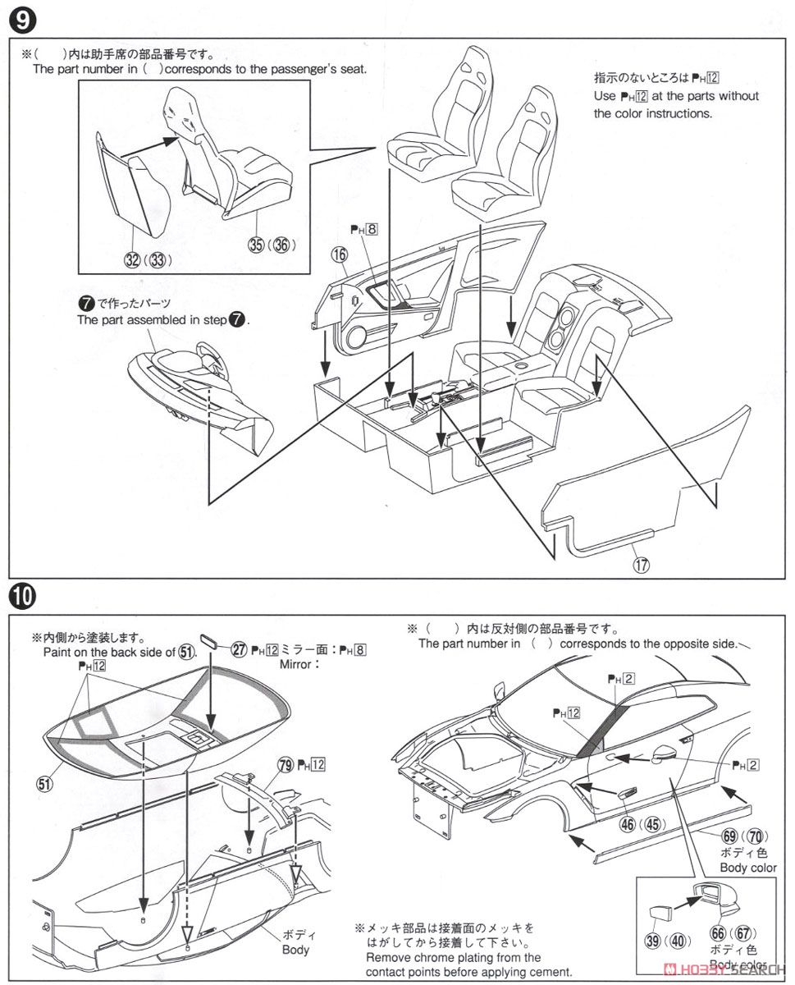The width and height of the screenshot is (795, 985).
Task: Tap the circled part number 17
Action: pos(642,564)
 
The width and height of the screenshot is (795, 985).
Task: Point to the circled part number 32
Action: pos(130,260)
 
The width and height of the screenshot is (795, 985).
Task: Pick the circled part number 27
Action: pos(239,649)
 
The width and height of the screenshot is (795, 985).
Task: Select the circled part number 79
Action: pos(285,764)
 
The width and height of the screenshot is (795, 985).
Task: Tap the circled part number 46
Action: pos(628,823)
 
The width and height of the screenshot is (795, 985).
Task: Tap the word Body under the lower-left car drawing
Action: pos(295,950)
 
